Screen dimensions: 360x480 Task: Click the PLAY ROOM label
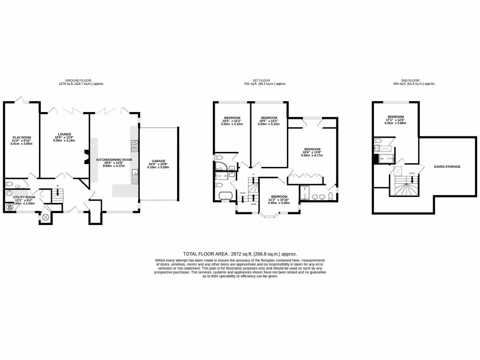click(x=21, y=137)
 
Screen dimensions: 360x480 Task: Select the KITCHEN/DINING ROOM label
click(x=114, y=159)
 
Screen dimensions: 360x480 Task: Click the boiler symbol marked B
click(x=9, y=207)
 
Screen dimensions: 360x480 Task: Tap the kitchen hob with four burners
click(x=135, y=146)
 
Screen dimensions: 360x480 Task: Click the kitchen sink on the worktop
click(x=135, y=177)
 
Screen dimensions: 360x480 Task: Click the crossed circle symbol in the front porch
click(x=45, y=217)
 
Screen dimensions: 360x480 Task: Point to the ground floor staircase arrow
click(x=57, y=193)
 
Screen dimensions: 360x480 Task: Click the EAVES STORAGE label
click(x=447, y=166)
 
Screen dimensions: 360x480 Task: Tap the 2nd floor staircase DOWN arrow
click(x=412, y=179)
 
